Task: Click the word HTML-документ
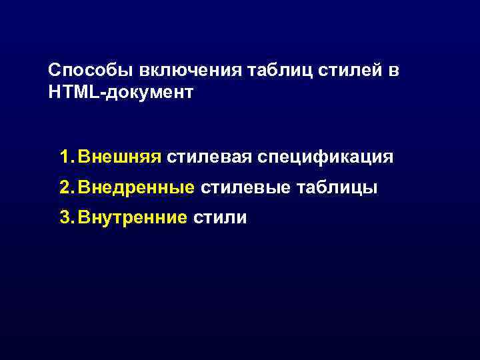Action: click(121, 92)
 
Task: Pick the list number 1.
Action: click(65, 157)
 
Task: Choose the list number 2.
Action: click(65, 188)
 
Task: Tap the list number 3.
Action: click(65, 217)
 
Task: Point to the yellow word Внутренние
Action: click(132, 217)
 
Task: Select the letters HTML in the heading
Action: click(73, 92)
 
